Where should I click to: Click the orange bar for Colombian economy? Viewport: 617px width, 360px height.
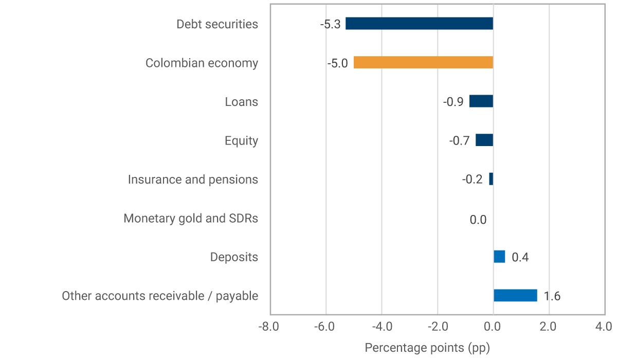(423, 63)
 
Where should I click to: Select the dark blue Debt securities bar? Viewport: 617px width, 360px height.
(419, 24)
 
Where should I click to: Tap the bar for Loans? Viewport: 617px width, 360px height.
(481, 101)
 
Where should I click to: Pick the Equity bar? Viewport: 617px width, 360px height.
(484, 140)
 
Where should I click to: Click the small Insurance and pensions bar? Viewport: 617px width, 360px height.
(491, 179)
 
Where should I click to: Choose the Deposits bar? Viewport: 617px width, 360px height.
(499, 257)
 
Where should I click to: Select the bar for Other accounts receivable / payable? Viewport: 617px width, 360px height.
(515, 295)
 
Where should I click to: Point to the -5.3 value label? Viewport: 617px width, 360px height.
(330, 24)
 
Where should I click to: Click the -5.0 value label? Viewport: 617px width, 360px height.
(337, 63)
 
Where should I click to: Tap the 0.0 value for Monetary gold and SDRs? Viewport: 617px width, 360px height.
(478, 220)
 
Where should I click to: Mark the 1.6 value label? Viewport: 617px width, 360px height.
(552, 296)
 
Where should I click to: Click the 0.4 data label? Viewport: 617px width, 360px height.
(520, 257)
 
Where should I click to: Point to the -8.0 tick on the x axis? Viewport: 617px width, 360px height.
(270, 327)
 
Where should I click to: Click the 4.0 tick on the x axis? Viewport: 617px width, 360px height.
(604, 327)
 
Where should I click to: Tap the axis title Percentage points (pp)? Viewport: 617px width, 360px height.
(427, 348)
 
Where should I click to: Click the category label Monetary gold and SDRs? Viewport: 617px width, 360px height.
(191, 218)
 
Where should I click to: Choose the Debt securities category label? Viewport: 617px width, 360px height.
(217, 24)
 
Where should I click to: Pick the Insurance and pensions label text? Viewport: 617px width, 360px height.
(193, 179)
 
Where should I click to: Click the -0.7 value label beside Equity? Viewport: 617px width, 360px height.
(459, 140)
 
